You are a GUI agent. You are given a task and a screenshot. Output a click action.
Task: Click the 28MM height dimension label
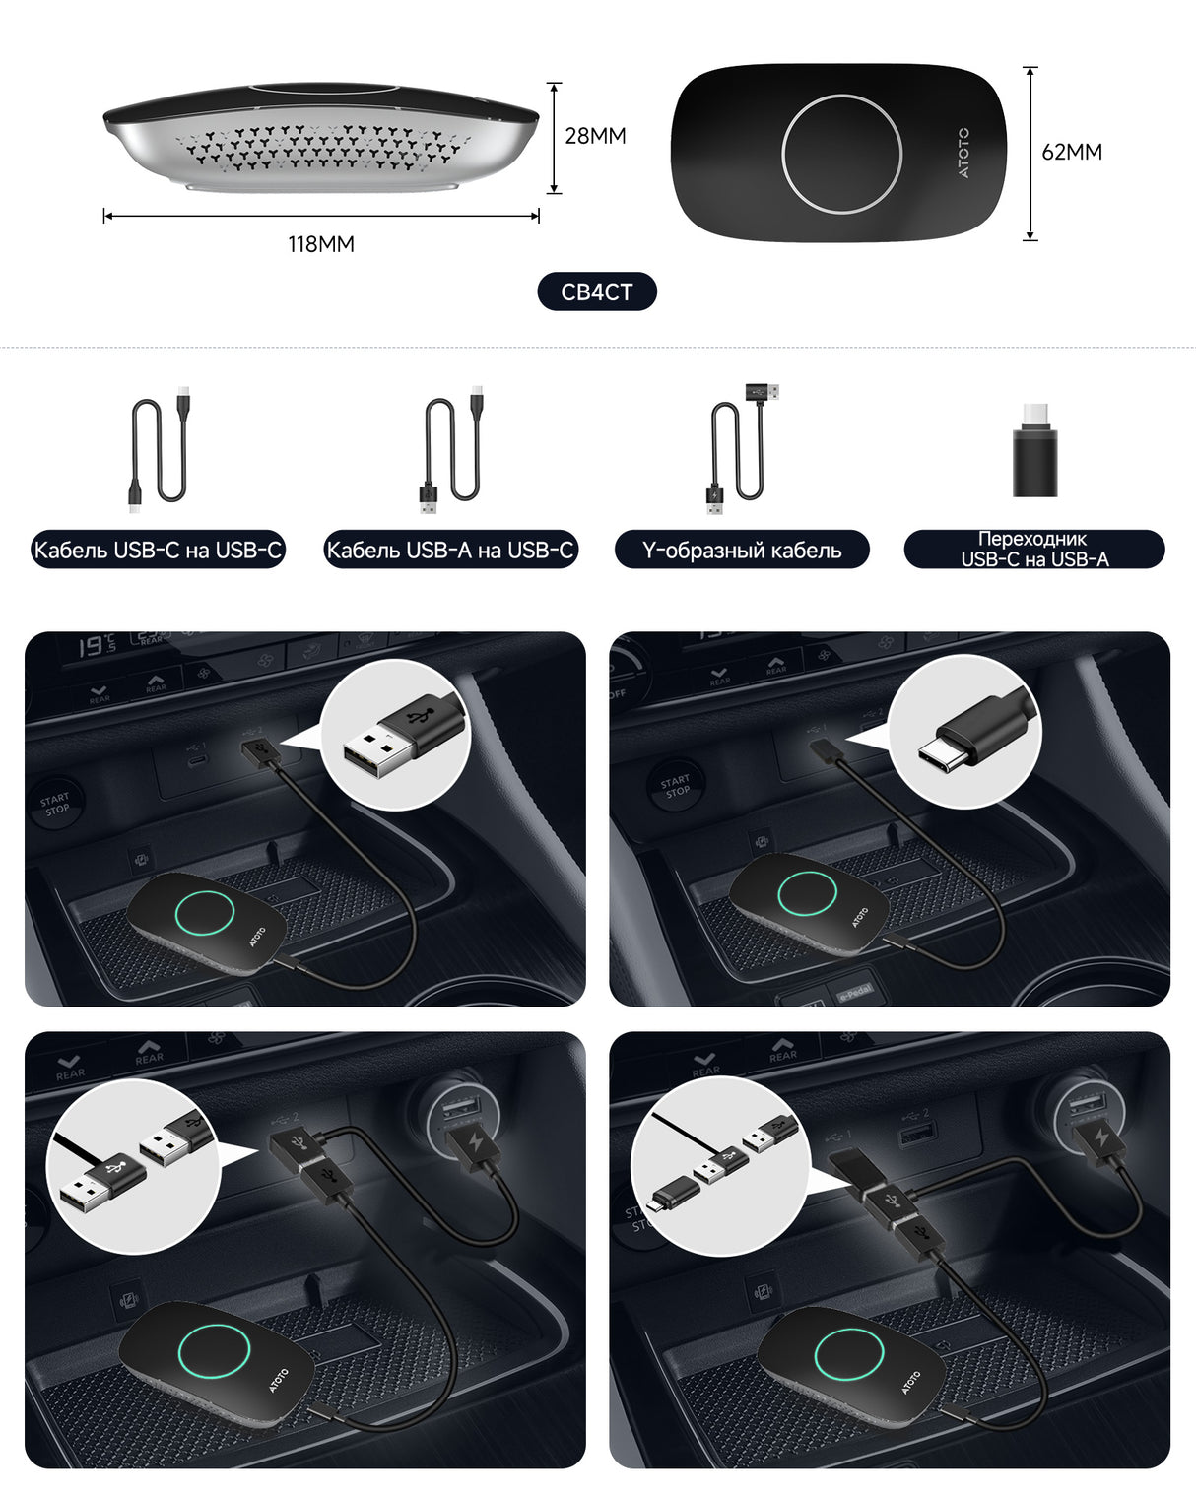[595, 136]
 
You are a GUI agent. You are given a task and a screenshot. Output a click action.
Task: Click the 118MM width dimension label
[321, 244]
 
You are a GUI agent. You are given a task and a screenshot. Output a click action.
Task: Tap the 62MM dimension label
[1072, 152]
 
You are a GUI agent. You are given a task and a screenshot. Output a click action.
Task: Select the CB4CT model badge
[596, 292]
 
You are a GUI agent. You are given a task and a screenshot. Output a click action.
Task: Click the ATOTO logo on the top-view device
[963, 153]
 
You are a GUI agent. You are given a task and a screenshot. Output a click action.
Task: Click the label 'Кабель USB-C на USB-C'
[158, 550]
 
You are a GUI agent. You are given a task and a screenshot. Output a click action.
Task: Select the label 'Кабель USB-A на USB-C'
[450, 550]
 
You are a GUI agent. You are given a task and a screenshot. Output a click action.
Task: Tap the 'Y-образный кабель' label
[742, 550]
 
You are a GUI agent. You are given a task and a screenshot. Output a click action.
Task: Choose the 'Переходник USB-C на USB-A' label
[1034, 550]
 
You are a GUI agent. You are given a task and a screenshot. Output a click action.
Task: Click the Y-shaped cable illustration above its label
[739, 449]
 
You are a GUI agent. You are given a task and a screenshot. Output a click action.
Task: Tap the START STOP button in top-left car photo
[56, 804]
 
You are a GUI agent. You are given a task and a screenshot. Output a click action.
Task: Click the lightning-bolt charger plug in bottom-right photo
[1099, 1142]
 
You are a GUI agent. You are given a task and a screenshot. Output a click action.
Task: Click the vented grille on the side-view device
[315, 146]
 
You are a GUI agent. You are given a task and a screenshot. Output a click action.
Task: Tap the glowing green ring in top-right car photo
[807, 892]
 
